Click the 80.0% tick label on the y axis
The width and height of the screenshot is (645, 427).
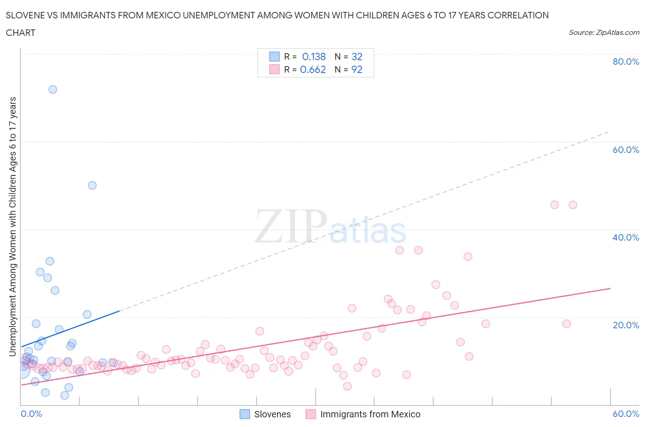click(x=626, y=62)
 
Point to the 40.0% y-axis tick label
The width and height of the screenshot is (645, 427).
click(x=626, y=237)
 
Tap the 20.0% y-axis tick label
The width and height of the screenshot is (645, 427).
click(x=626, y=325)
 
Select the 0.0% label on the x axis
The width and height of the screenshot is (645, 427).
click(x=32, y=414)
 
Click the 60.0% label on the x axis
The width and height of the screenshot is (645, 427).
click(x=626, y=414)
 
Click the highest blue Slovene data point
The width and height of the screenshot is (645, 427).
click(x=53, y=90)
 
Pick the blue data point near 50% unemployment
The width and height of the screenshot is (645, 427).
click(x=92, y=185)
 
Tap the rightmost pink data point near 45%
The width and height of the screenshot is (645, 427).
click(x=573, y=205)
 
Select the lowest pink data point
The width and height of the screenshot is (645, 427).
click(x=347, y=386)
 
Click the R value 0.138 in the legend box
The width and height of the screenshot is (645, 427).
click(x=314, y=57)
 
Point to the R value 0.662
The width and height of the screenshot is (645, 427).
click(x=313, y=70)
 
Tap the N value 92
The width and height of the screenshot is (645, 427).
click(x=356, y=70)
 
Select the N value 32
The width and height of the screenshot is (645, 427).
click(x=356, y=57)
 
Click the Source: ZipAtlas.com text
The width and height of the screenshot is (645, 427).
click(x=604, y=33)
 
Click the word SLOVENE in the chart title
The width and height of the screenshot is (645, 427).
click(x=26, y=16)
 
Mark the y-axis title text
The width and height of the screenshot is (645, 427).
click(x=13, y=226)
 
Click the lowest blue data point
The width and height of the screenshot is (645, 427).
click(x=65, y=395)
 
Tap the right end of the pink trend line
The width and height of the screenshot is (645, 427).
click(x=610, y=288)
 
